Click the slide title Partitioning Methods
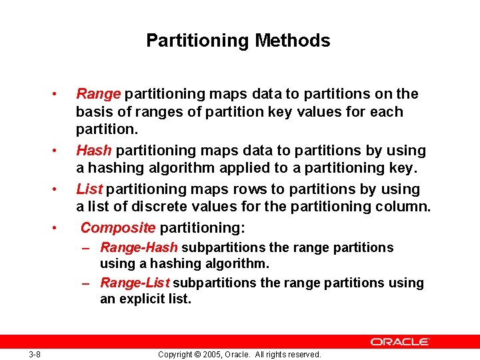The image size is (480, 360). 238,41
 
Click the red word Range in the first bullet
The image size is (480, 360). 98,94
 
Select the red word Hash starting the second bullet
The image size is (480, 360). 94,151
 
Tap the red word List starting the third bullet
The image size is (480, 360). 89,189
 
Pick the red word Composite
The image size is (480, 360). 118,228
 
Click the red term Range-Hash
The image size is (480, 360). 139,248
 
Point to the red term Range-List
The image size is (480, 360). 135,283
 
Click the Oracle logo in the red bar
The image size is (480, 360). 400,342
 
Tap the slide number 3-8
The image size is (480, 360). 35,355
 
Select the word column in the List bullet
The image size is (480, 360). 406,207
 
